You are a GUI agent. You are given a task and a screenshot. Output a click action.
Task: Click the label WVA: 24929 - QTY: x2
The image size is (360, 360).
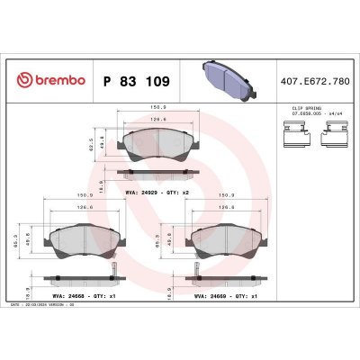pyautogui.click(x=148, y=191)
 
